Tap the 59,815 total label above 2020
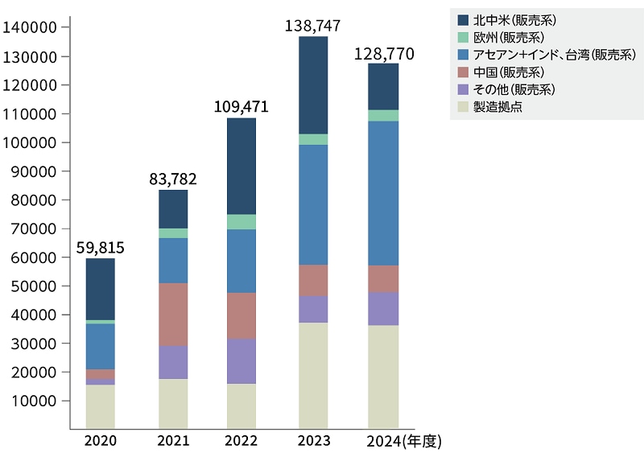point(100,248)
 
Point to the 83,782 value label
point(172,179)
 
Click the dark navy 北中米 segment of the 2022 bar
point(242,167)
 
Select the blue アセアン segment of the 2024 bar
point(383,193)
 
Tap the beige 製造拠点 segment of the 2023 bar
point(313,375)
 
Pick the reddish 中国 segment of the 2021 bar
point(173,315)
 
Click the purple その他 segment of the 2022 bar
point(242,361)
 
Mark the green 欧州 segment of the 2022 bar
point(242,222)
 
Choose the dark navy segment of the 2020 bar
point(100,289)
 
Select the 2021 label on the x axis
point(172,442)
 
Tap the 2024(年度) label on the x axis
point(403,442)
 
